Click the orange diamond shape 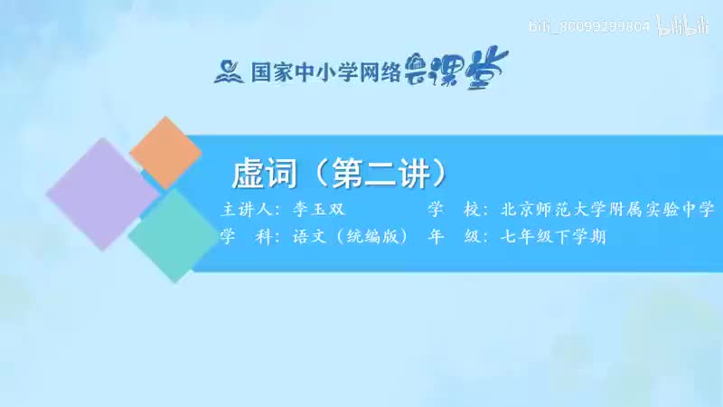coord(165,153)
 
